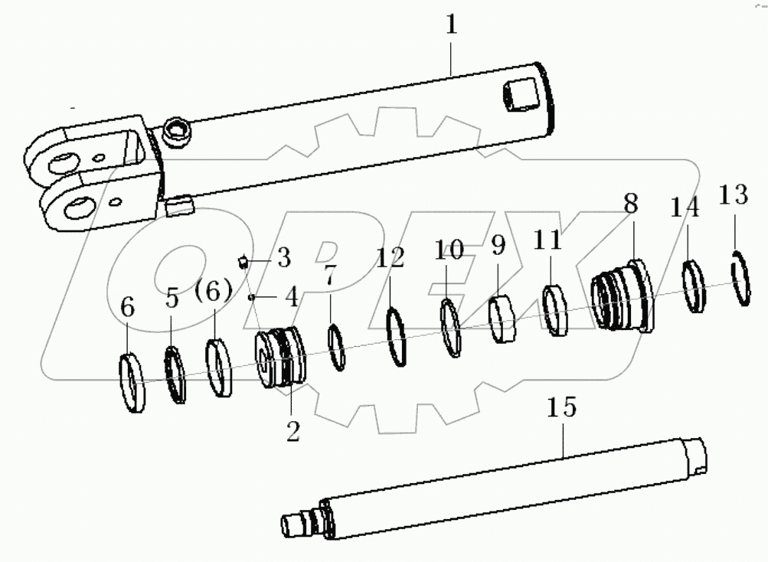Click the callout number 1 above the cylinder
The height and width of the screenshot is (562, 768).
point(452,25)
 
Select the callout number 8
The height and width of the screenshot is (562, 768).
point(630,204)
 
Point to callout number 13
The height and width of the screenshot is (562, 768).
point(733,195)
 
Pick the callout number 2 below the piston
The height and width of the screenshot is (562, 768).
point(293,432)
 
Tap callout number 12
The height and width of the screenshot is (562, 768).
point(390,257)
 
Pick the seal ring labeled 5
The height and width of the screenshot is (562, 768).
point(175,374)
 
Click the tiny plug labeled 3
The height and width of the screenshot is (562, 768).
point(243,262)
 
